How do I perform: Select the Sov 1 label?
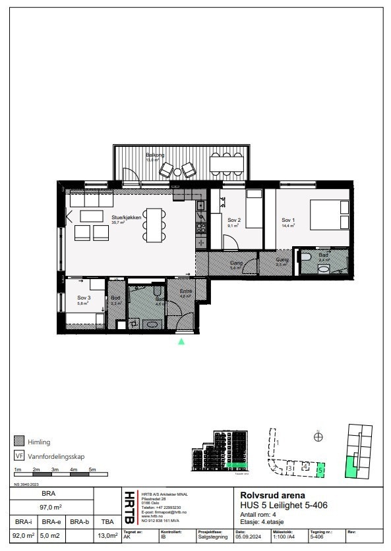click(288, 219)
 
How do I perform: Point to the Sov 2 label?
click(234, 219)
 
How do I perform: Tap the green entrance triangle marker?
click(181, 341)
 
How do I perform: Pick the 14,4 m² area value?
click(288, 225)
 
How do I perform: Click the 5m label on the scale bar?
click(93, 469)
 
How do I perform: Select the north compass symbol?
click(318, 436)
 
